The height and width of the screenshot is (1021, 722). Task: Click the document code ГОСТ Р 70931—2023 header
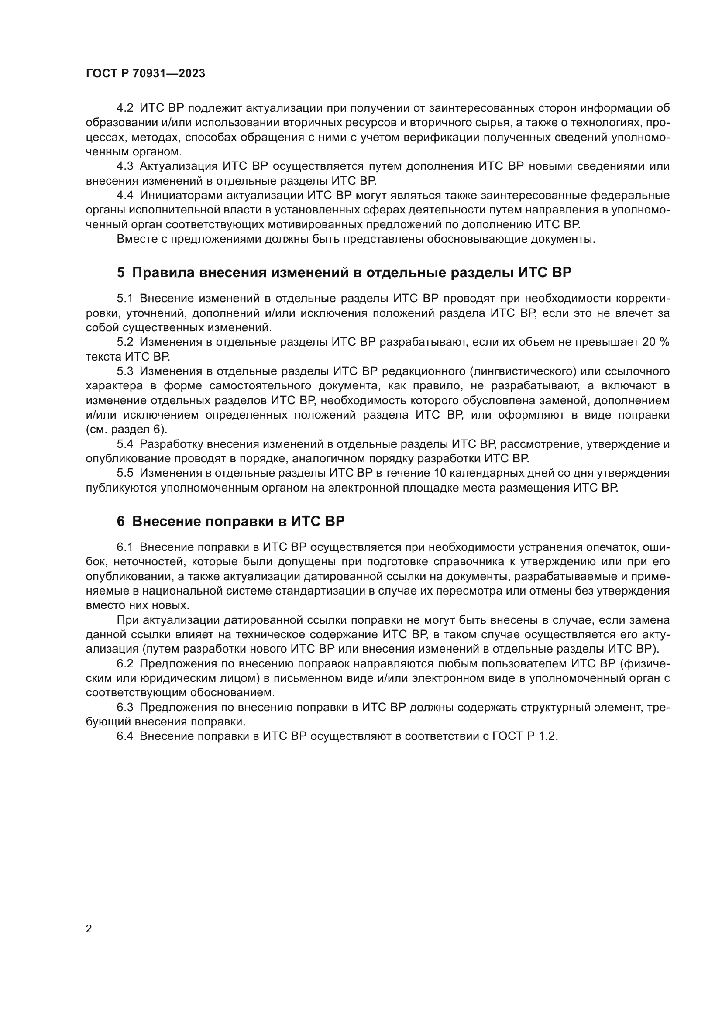pyautogui.click(x=145, y=74)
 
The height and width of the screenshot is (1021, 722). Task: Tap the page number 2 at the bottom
pyautogui.click(x=89, y=928)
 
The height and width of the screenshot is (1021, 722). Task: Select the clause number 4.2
pyautogui.click(x=125, y=108)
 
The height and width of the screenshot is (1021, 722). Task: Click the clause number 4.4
pyautogui.click(x=125, y=195)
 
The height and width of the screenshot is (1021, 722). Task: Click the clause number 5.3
pyautogui.click(x=125, y=371)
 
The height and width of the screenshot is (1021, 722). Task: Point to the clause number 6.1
pyautogui.click(x=125, y=547)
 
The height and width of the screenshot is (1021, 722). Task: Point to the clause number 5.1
pyautogui.click(x=125, y=299)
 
